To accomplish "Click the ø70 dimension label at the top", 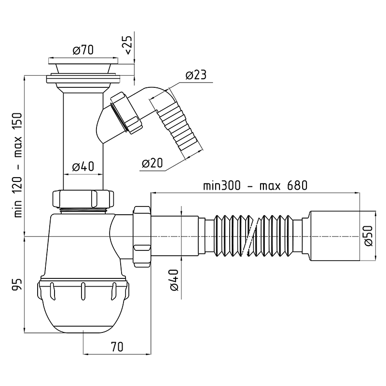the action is point(83,50).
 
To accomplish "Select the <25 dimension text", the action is point(129,44).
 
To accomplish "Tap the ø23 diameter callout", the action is point(196,75).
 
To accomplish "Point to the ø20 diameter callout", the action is point(152,163).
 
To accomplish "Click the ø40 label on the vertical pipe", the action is point(83,166).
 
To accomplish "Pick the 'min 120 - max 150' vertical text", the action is point(18,165).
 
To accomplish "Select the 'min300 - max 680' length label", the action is point(255,185).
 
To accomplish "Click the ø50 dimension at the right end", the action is point(369,235).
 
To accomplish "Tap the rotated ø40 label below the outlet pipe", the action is point(174,280).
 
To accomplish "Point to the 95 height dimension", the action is point(18,285).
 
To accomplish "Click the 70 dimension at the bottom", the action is point(117,347).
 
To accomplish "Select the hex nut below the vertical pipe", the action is point(83,199).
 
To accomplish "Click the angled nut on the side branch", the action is point(127,113).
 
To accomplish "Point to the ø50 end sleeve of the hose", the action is point(335,236).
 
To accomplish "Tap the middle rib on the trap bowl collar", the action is point(83,291).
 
